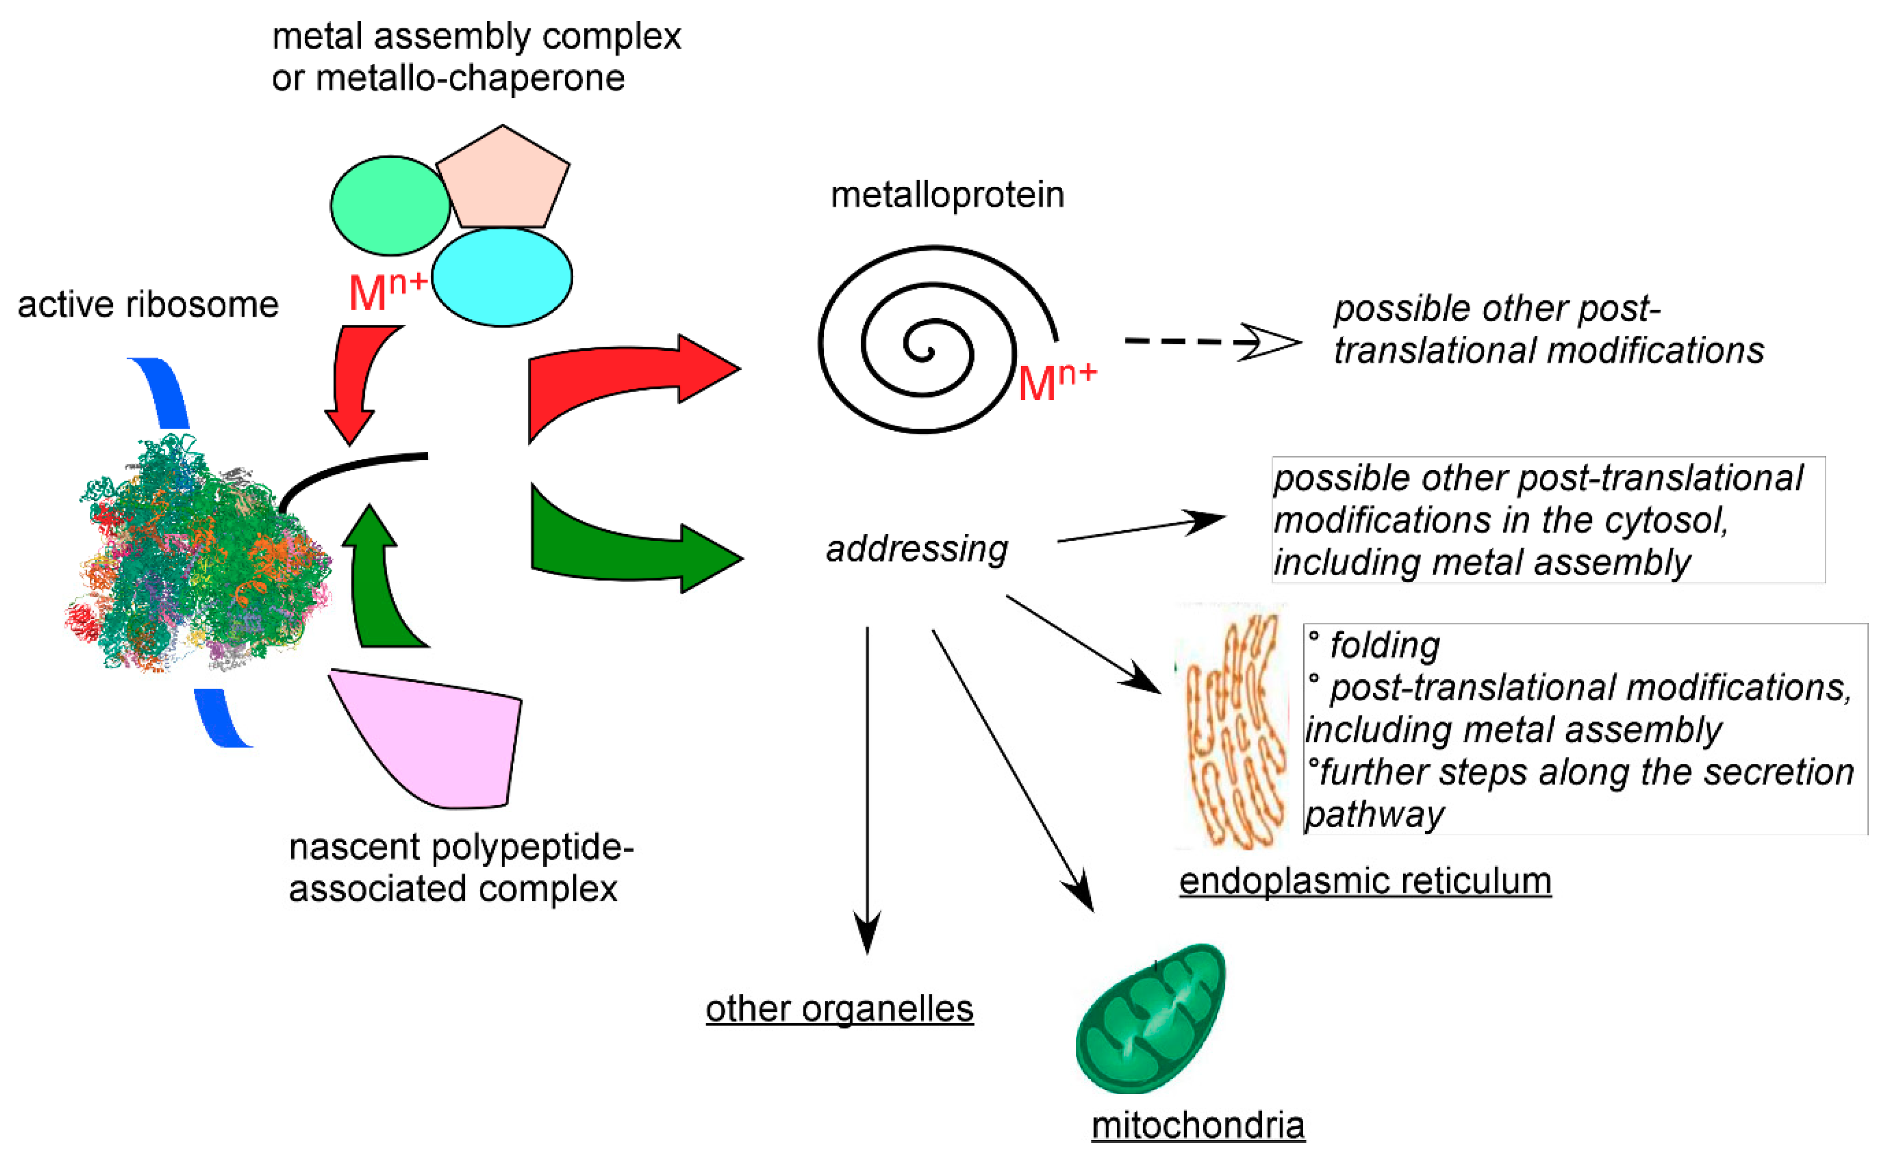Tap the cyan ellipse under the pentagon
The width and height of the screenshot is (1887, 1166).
502,277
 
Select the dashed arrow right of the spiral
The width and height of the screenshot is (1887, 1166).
1211,341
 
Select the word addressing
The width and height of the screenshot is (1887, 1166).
916,549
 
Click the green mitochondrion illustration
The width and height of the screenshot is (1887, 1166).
1149,1018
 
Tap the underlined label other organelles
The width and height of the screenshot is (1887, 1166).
839,1009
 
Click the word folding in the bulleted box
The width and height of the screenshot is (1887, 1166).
1384,645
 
